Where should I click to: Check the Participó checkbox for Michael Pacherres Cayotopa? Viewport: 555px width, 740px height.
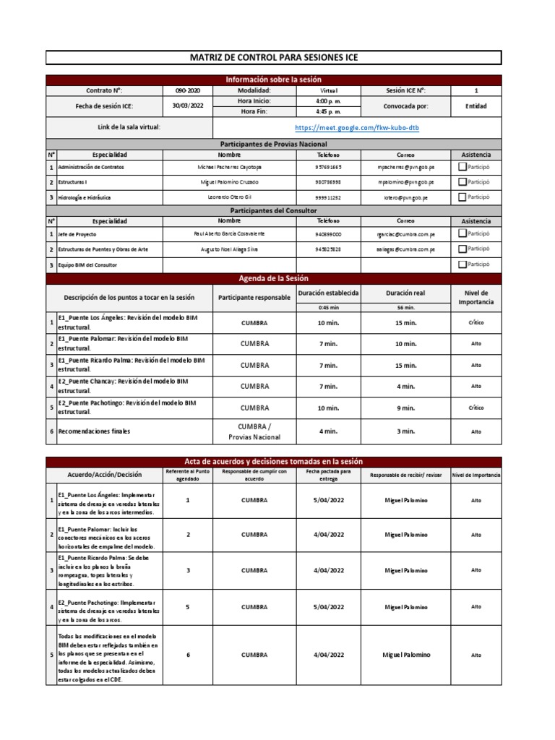coord(462,167)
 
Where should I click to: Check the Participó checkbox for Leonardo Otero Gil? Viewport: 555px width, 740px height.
coord(462,197)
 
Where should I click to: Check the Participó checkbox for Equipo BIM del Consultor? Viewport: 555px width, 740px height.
coord(462,264)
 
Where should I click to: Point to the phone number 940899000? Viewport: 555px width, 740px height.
coord(329,235)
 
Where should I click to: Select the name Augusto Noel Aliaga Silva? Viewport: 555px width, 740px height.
coord(229,249)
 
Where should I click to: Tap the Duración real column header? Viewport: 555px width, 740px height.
coord(405,293)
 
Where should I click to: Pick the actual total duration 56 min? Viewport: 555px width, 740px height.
coord(405,307)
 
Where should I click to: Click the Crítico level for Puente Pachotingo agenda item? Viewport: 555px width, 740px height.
coord(476,408)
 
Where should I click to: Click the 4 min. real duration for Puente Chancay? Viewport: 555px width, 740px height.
coord(405,386)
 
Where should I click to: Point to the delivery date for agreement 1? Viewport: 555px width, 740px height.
coord(329,499)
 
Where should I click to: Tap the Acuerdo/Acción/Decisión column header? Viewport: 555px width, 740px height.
coord(105,475)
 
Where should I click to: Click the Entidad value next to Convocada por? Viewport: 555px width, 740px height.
coord(476,106)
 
